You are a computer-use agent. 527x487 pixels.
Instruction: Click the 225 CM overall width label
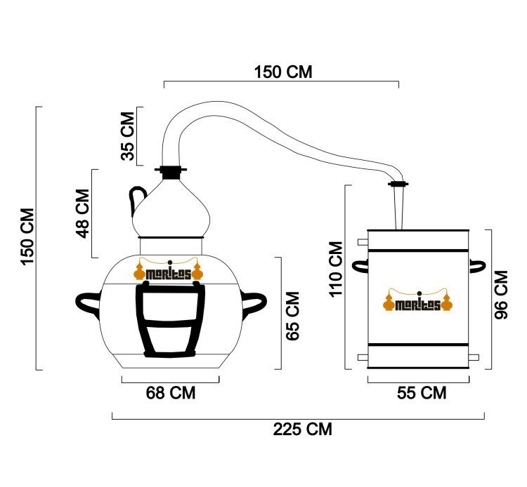[x=302, y=429]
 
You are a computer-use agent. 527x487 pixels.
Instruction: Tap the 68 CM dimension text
[x=171, y=393]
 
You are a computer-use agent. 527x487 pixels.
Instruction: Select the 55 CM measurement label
[x=422, y=393]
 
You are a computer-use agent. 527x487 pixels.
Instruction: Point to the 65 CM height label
[x=293, y=316]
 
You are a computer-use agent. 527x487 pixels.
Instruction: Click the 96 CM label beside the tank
[x=501, y=295]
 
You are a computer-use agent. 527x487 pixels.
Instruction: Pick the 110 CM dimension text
[x=336, y=269]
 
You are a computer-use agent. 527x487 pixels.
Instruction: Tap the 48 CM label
[x=82, y=213]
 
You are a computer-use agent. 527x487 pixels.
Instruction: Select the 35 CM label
[x=127, y=136]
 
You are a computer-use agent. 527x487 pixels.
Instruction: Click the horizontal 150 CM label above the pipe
[x=283, y=72]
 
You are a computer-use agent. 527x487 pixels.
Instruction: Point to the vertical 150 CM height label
[x=27, y=236]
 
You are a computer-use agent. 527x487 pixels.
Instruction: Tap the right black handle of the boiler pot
[x=254, y=303]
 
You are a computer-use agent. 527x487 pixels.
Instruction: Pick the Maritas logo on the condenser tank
[x=418, y=300]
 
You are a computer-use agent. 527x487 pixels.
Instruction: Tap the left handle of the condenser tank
[x=360, y=266]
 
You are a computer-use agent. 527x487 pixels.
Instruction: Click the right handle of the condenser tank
[x=477, y=266]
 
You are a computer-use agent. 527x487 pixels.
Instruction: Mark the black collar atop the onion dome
[x=171, y=172]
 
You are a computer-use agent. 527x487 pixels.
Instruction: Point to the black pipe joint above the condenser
[x=398, y=184]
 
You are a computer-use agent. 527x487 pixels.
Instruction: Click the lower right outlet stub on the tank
[x=474, y=357]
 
